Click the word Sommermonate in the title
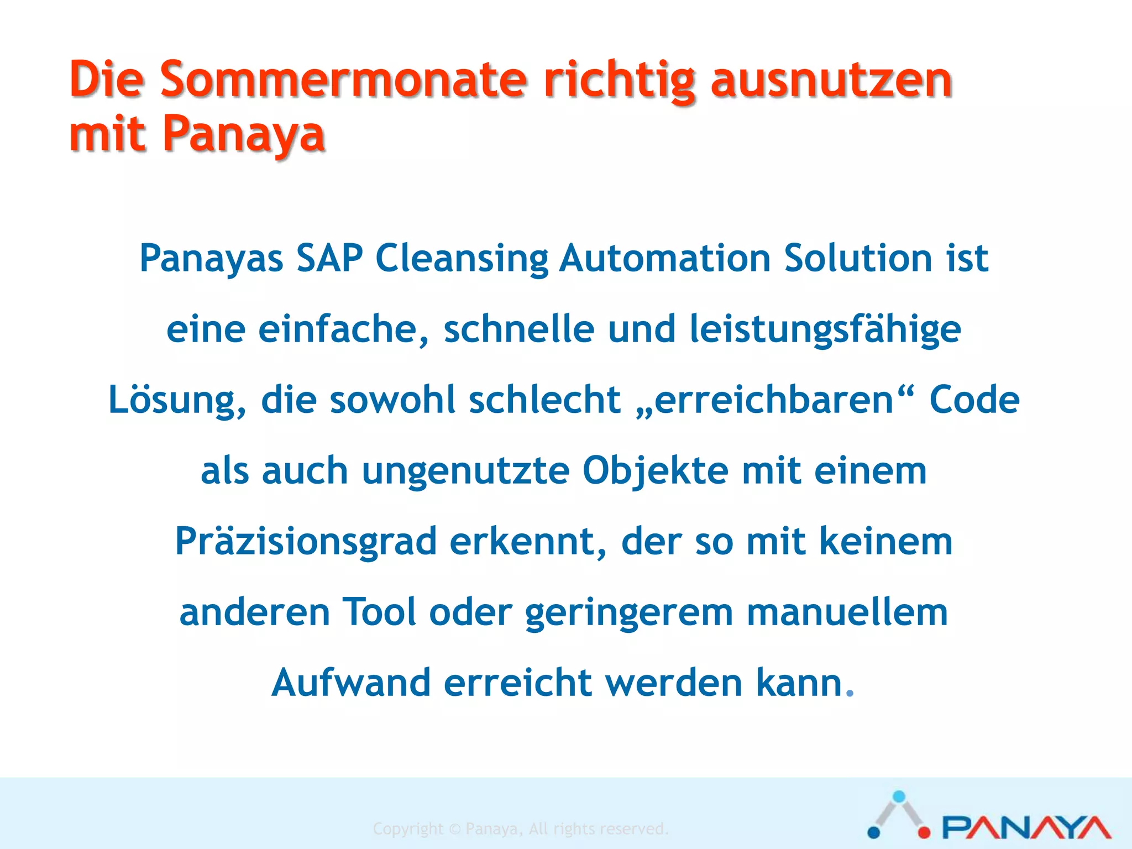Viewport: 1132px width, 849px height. click(343, 80)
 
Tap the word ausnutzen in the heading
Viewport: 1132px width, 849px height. click(831, 80)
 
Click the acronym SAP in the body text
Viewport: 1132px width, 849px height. click(329, 258)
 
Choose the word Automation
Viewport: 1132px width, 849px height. click(665, 258)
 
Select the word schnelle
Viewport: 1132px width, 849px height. click(519, 329)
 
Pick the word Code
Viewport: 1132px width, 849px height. click(974, 400)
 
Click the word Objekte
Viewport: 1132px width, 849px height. click(656, 471)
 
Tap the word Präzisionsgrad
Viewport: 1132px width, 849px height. click(306, 542)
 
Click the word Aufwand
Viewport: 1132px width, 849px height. click(351, 683)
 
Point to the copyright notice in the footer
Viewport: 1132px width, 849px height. click(521, 829)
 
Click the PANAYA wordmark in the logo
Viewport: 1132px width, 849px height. click(1026, 827)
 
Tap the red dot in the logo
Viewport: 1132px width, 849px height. click(924, 832)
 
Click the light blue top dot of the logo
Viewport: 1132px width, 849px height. click(899, 796)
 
